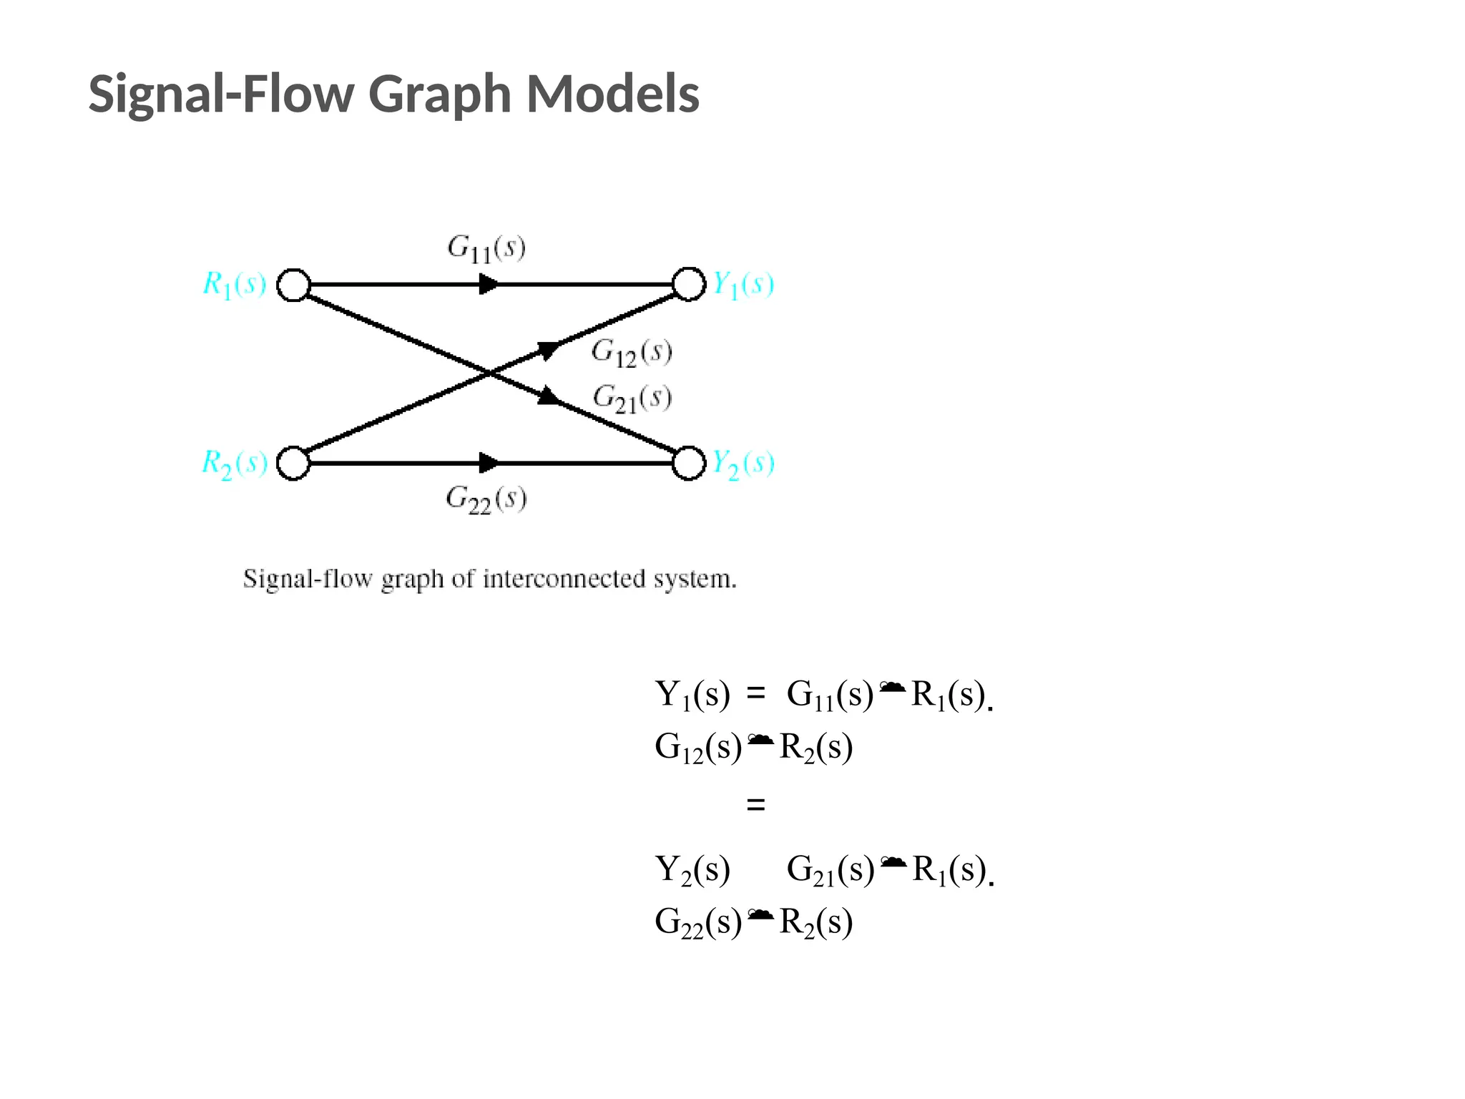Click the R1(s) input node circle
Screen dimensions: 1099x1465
[x=293, y=285]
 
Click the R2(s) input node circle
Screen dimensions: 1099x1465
[x=293, y=463]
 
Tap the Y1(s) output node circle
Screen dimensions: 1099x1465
[x=689, y=284]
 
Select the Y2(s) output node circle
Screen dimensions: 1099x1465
[x=689, y=463]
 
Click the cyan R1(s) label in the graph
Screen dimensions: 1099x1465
[x=234, y=284]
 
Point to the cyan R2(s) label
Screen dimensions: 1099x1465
[x=234, y=463]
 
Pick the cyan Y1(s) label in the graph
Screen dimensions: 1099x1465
[x=743, y=284]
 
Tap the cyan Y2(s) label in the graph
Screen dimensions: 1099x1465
[x=743, y=464]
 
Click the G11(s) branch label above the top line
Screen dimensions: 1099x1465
[x=486, y=248]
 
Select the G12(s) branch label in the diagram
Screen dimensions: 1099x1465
[x=632, y=353]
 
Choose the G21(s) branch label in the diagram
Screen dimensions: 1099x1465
[x=632, y=399]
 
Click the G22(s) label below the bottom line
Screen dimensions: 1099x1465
[x=486, y=499]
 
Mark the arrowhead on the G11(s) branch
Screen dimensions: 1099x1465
[x=489, y=285]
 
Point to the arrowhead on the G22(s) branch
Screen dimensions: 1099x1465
[x=489, y=463]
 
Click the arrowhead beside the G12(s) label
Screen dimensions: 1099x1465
[x=549, y=350]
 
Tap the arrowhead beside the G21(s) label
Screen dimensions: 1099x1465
[x=549, y=396]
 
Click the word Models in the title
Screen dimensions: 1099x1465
[x=612, y=94]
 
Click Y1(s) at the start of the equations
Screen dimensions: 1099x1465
[x=692, y=695]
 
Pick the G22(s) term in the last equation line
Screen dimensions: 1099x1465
[x=697, y=922]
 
